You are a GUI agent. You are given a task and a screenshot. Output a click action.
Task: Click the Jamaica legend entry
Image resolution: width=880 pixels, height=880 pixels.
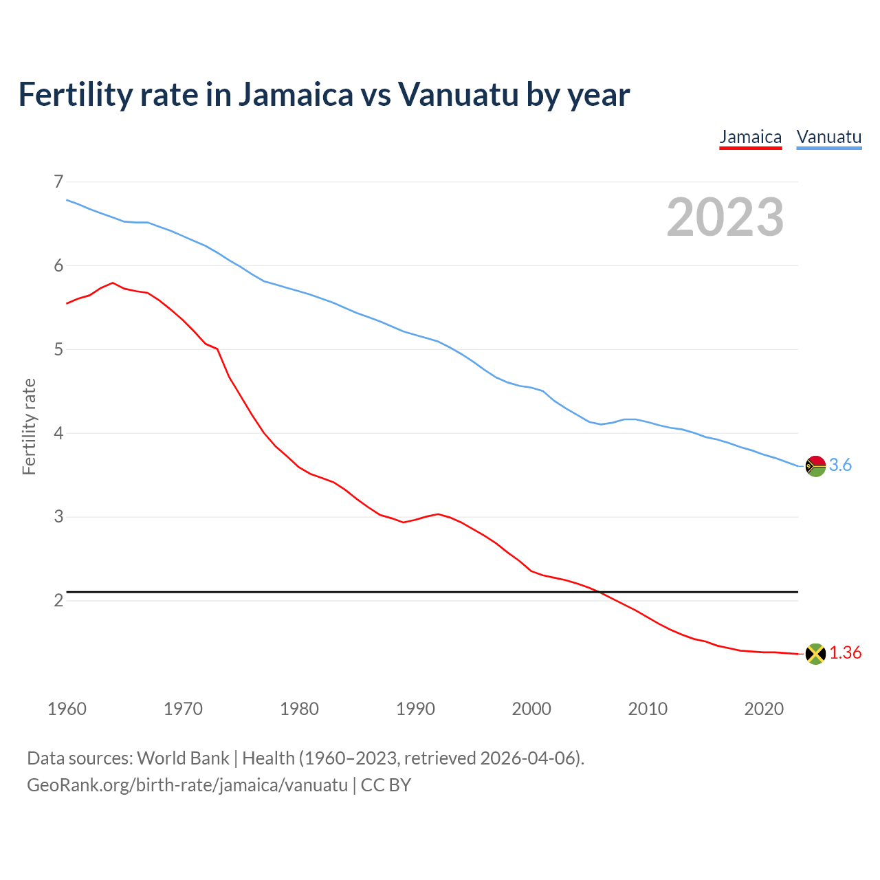(x=750, y=137)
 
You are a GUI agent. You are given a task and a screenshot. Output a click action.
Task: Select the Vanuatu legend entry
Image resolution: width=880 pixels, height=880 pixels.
(x=828, y=137)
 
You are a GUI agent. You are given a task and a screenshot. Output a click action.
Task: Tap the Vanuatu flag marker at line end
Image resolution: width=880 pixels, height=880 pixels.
(x=815, y=466)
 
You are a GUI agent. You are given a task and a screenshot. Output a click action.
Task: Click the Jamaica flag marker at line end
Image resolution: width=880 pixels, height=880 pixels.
(x=815, y=654)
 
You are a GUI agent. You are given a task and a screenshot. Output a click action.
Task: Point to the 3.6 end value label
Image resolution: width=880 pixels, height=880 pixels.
(x=840, y=465)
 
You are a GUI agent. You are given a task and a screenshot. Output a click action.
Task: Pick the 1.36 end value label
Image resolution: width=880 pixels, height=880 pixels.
(x=845, y=653)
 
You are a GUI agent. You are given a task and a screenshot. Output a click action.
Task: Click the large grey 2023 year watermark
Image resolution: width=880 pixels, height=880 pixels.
(x=725, y=217)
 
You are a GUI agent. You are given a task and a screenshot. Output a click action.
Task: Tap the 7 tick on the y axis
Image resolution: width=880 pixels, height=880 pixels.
(x=58, y=182)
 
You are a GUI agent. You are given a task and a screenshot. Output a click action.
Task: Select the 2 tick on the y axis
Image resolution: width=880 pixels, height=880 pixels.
(x=58, y=601)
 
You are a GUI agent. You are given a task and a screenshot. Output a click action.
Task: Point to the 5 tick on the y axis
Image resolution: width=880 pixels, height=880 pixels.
(x=58, y=350)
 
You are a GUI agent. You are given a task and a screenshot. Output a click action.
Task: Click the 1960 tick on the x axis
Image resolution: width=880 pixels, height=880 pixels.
(x=67, y=709)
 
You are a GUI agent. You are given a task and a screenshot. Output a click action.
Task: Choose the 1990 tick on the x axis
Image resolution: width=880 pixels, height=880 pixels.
(x=415, y=709)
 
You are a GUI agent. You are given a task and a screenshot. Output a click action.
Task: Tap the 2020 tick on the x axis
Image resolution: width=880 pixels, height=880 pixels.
(x=764, y=709)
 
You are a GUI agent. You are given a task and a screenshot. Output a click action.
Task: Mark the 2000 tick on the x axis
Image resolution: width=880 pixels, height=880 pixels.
(x=531, y=709)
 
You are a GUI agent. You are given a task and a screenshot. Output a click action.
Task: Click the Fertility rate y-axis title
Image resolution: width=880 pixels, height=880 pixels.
(x=29, y=426)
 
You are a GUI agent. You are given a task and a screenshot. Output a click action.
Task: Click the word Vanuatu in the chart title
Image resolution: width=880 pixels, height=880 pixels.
(x=458, y=95)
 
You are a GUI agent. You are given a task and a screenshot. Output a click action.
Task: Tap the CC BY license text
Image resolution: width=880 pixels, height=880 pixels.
(x=386, y=785)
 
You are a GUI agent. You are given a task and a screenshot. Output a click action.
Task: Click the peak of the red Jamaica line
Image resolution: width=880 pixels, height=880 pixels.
(x=113, y=283)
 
